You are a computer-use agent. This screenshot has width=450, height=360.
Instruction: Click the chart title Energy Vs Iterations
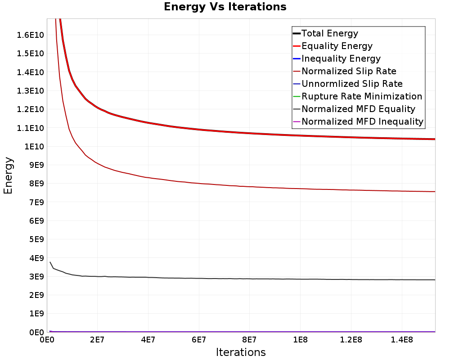coord(225,7)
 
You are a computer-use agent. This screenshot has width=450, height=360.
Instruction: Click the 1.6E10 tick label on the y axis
coord(31,35)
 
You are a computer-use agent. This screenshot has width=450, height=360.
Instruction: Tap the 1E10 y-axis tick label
coord(34,147)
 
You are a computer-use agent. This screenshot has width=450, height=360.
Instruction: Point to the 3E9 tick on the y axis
coord(36,277)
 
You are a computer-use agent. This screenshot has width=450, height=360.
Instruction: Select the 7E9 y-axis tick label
coord(36,202)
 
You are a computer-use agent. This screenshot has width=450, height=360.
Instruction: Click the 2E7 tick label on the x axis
coord(97,340)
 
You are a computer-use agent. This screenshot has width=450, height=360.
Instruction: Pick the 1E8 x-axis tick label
coord(300,340)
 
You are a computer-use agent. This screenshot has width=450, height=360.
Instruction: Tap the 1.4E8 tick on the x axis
coord(402,340)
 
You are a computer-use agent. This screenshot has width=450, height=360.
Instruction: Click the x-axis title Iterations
coord(241,352)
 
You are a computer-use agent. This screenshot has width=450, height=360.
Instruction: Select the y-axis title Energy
coord(8,175)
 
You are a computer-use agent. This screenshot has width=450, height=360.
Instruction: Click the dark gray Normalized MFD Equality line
coord(241,279)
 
